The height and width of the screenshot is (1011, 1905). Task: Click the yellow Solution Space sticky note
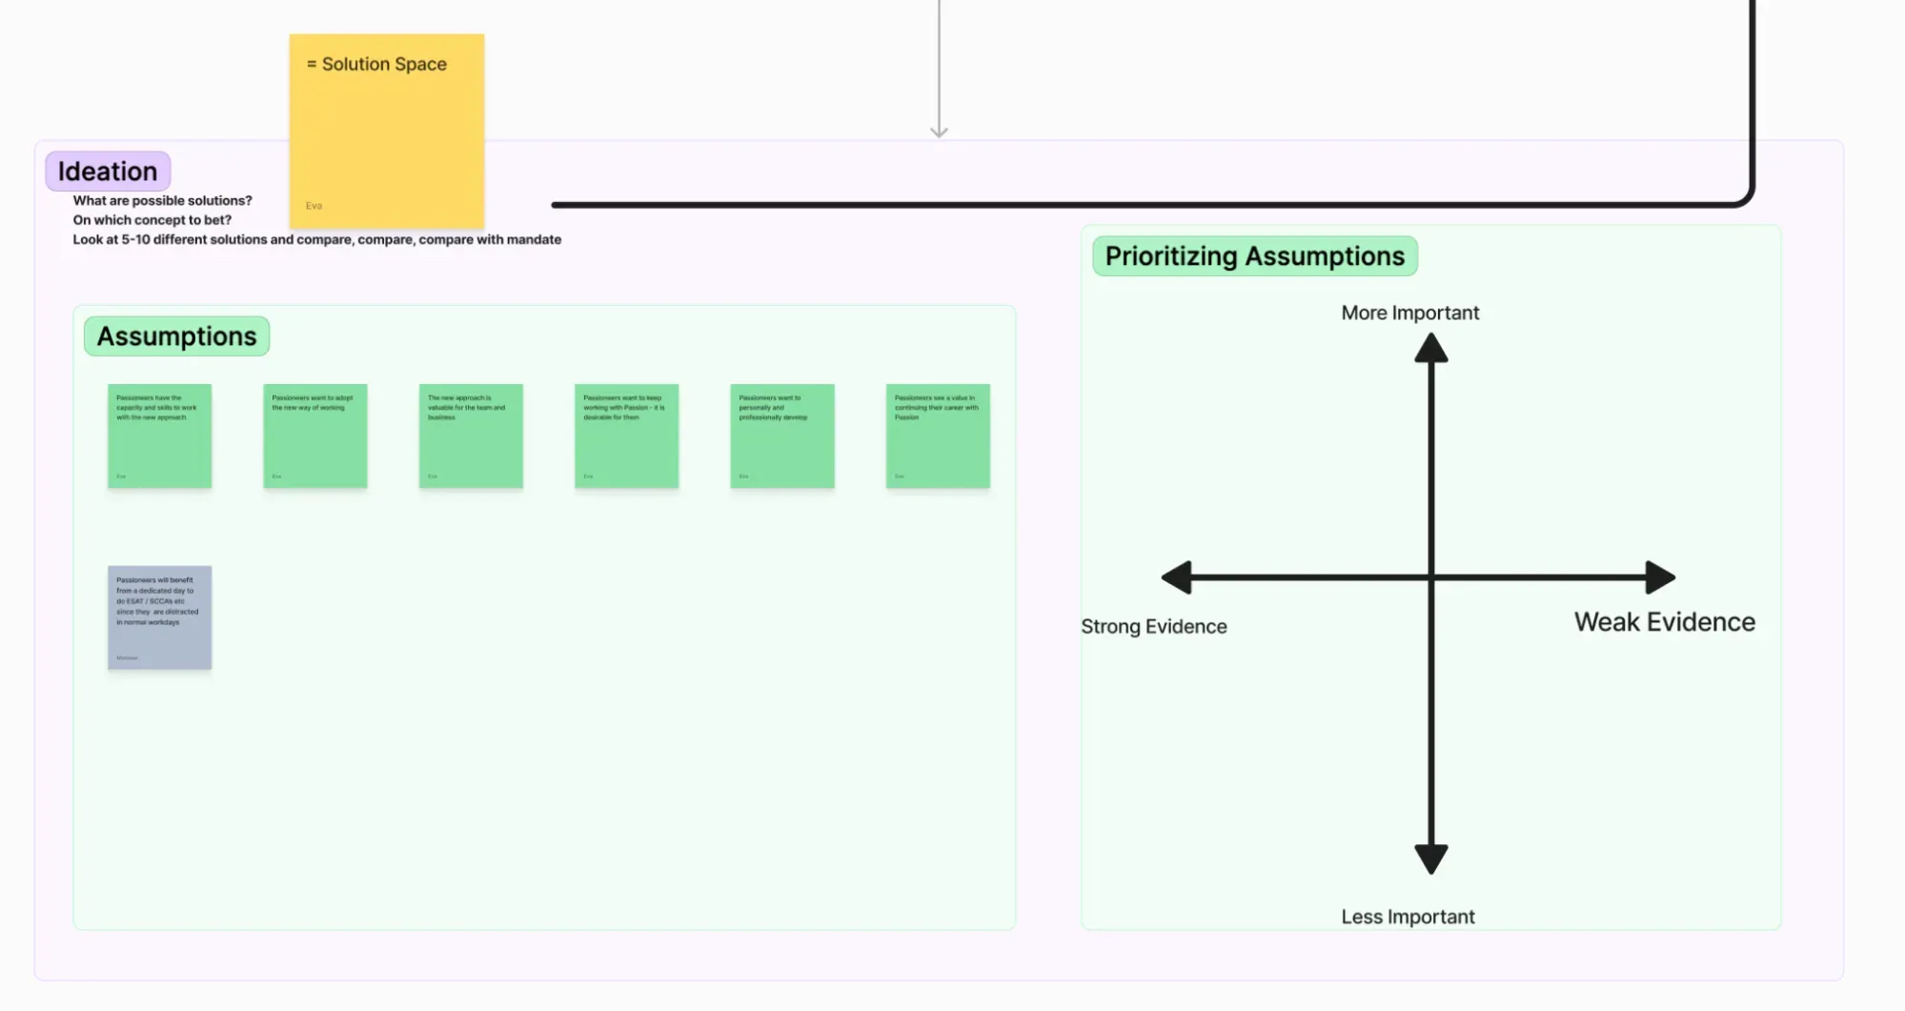click(x=386, y=131)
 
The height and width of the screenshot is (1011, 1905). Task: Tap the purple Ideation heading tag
click(x=108, y=172)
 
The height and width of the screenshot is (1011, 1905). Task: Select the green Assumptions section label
click(x=176, y=336)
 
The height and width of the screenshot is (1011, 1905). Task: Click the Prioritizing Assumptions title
click(x=1254, y=256)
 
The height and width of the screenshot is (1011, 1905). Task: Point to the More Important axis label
click(x=1409, y=313)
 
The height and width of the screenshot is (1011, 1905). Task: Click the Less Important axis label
click(x=1408, y=917)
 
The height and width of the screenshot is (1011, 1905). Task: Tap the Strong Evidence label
click(x=1153, y=626)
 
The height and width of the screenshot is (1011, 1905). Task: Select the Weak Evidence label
click(x=1664, y=622)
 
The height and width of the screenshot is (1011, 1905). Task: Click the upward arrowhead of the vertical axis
click(x=1430, y=349)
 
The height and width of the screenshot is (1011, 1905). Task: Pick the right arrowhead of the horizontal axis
click(x=1660, y=577)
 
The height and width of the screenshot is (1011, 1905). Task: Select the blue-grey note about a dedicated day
click(x=159, y=617)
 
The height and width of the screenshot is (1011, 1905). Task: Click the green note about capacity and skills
click(x=159, y=435)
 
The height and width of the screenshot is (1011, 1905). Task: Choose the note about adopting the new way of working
click(x=314, y=435)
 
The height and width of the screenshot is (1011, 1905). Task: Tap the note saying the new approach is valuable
click(x=471, y=435)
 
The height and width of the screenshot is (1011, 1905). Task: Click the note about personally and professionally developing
click(x=781, y=435)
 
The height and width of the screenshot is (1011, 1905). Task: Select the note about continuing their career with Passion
click(x=938, y=435)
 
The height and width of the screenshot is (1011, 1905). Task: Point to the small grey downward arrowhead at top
click(x=939, y=131)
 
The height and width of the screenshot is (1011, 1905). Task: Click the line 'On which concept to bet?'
click(x=152, y=220)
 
